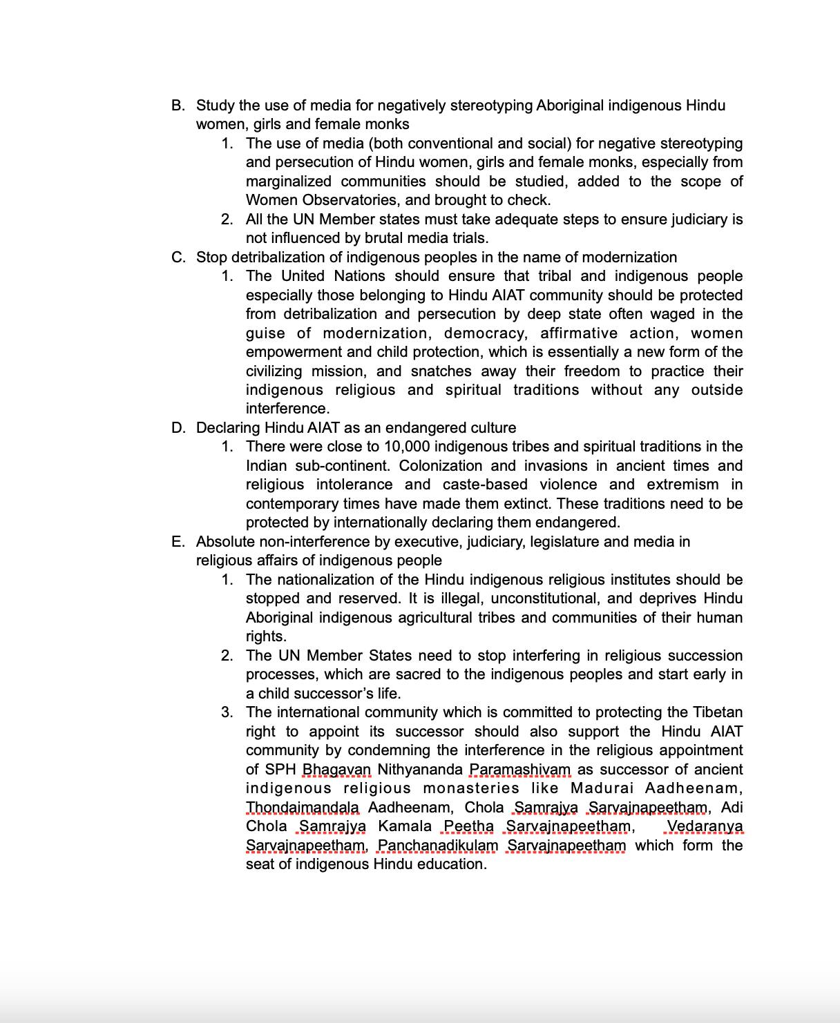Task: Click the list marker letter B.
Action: pyautogui.click(x=178, y=106)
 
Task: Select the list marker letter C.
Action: pyautogui.click(x=178, y=257)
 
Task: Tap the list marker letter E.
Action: pyautogui.click(x=178, y=542)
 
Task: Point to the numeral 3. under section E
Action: pyautogui.click(x=227, y=712)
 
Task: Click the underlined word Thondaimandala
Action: pyautogui.click(x=303, y=808)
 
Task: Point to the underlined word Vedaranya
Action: pyautogui.click(x=705, y=826)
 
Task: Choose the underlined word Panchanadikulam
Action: pyautogui.click(x=438, y=846)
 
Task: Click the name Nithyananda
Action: pyautogui.click(x=420, y=770)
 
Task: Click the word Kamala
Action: pyautogui.click(x=405, y=826)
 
